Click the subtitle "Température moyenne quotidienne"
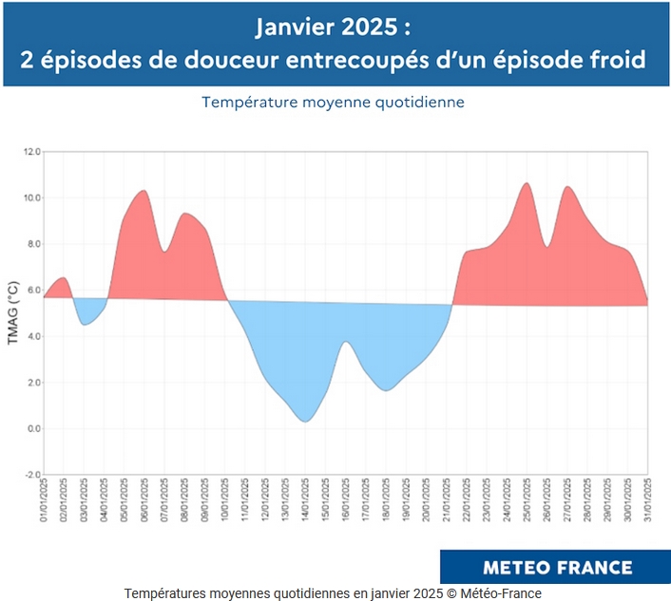[333, 102]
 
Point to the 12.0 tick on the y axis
[31, 152]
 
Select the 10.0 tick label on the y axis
[31, 198]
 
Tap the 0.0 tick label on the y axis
[32, 429]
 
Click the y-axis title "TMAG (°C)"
[12, 312]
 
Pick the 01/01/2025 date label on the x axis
[44, 500]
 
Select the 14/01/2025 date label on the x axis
[305, 500]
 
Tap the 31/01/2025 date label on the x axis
[648, 500]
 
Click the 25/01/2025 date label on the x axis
[527, 500]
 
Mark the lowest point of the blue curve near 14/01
[304, 421]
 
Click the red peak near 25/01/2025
[527, 183]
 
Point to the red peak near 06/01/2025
[144, 191]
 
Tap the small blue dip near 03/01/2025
[85, 324]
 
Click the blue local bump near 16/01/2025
[346, 342]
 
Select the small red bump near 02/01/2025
[63, 278]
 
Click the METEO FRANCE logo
[557, 567]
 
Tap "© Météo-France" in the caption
[491, 593]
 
